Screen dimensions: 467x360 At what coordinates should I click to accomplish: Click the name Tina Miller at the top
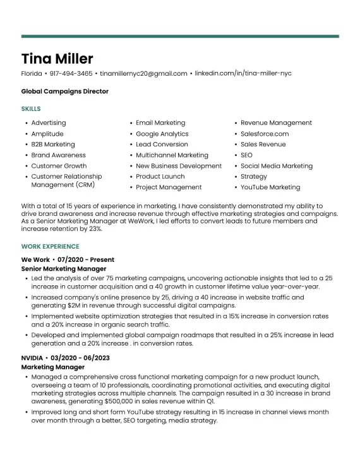57,59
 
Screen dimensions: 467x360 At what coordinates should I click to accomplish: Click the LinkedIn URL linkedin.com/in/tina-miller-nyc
243,74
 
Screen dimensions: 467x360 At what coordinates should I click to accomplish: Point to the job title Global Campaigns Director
64,92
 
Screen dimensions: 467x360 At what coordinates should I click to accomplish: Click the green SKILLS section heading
31,109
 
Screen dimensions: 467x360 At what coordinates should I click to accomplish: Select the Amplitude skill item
47,134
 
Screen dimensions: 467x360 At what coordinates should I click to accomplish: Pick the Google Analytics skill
162,134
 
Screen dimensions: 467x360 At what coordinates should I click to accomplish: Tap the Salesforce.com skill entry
265,134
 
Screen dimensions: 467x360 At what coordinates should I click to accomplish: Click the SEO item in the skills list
246,155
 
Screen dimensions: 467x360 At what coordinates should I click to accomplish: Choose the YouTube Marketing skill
270,187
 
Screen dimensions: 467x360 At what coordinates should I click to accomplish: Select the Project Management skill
169,187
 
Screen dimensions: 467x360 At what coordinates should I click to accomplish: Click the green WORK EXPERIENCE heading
51,247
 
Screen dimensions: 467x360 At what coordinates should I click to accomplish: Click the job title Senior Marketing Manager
64,268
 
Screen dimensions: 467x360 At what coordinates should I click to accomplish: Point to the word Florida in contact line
32,74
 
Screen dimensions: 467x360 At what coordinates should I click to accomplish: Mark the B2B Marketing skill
53,145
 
